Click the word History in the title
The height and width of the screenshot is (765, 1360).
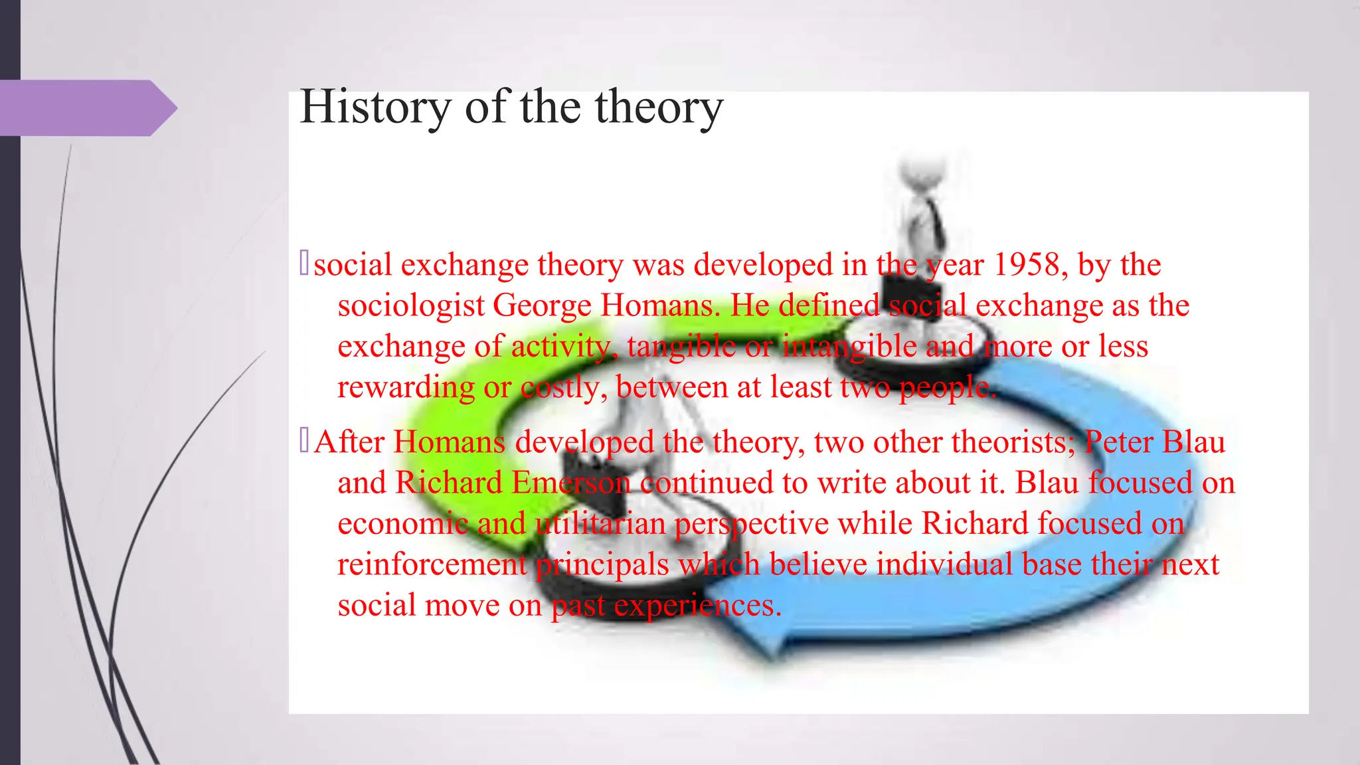[375, 108]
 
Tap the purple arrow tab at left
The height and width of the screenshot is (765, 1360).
[86, 108]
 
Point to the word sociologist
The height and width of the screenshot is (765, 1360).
[411, 306]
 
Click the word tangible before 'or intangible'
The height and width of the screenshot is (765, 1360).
[680, 347]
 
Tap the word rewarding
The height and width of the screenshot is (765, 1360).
[406, 388]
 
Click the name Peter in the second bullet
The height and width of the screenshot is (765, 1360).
[1118, 442]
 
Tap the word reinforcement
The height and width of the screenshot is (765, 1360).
[432, 565]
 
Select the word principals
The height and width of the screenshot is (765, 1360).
[602, 565]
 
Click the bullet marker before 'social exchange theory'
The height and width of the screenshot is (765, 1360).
[304, 262]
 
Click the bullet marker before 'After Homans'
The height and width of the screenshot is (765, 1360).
[304, 440]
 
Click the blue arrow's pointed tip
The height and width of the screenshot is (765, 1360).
[717, 598]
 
